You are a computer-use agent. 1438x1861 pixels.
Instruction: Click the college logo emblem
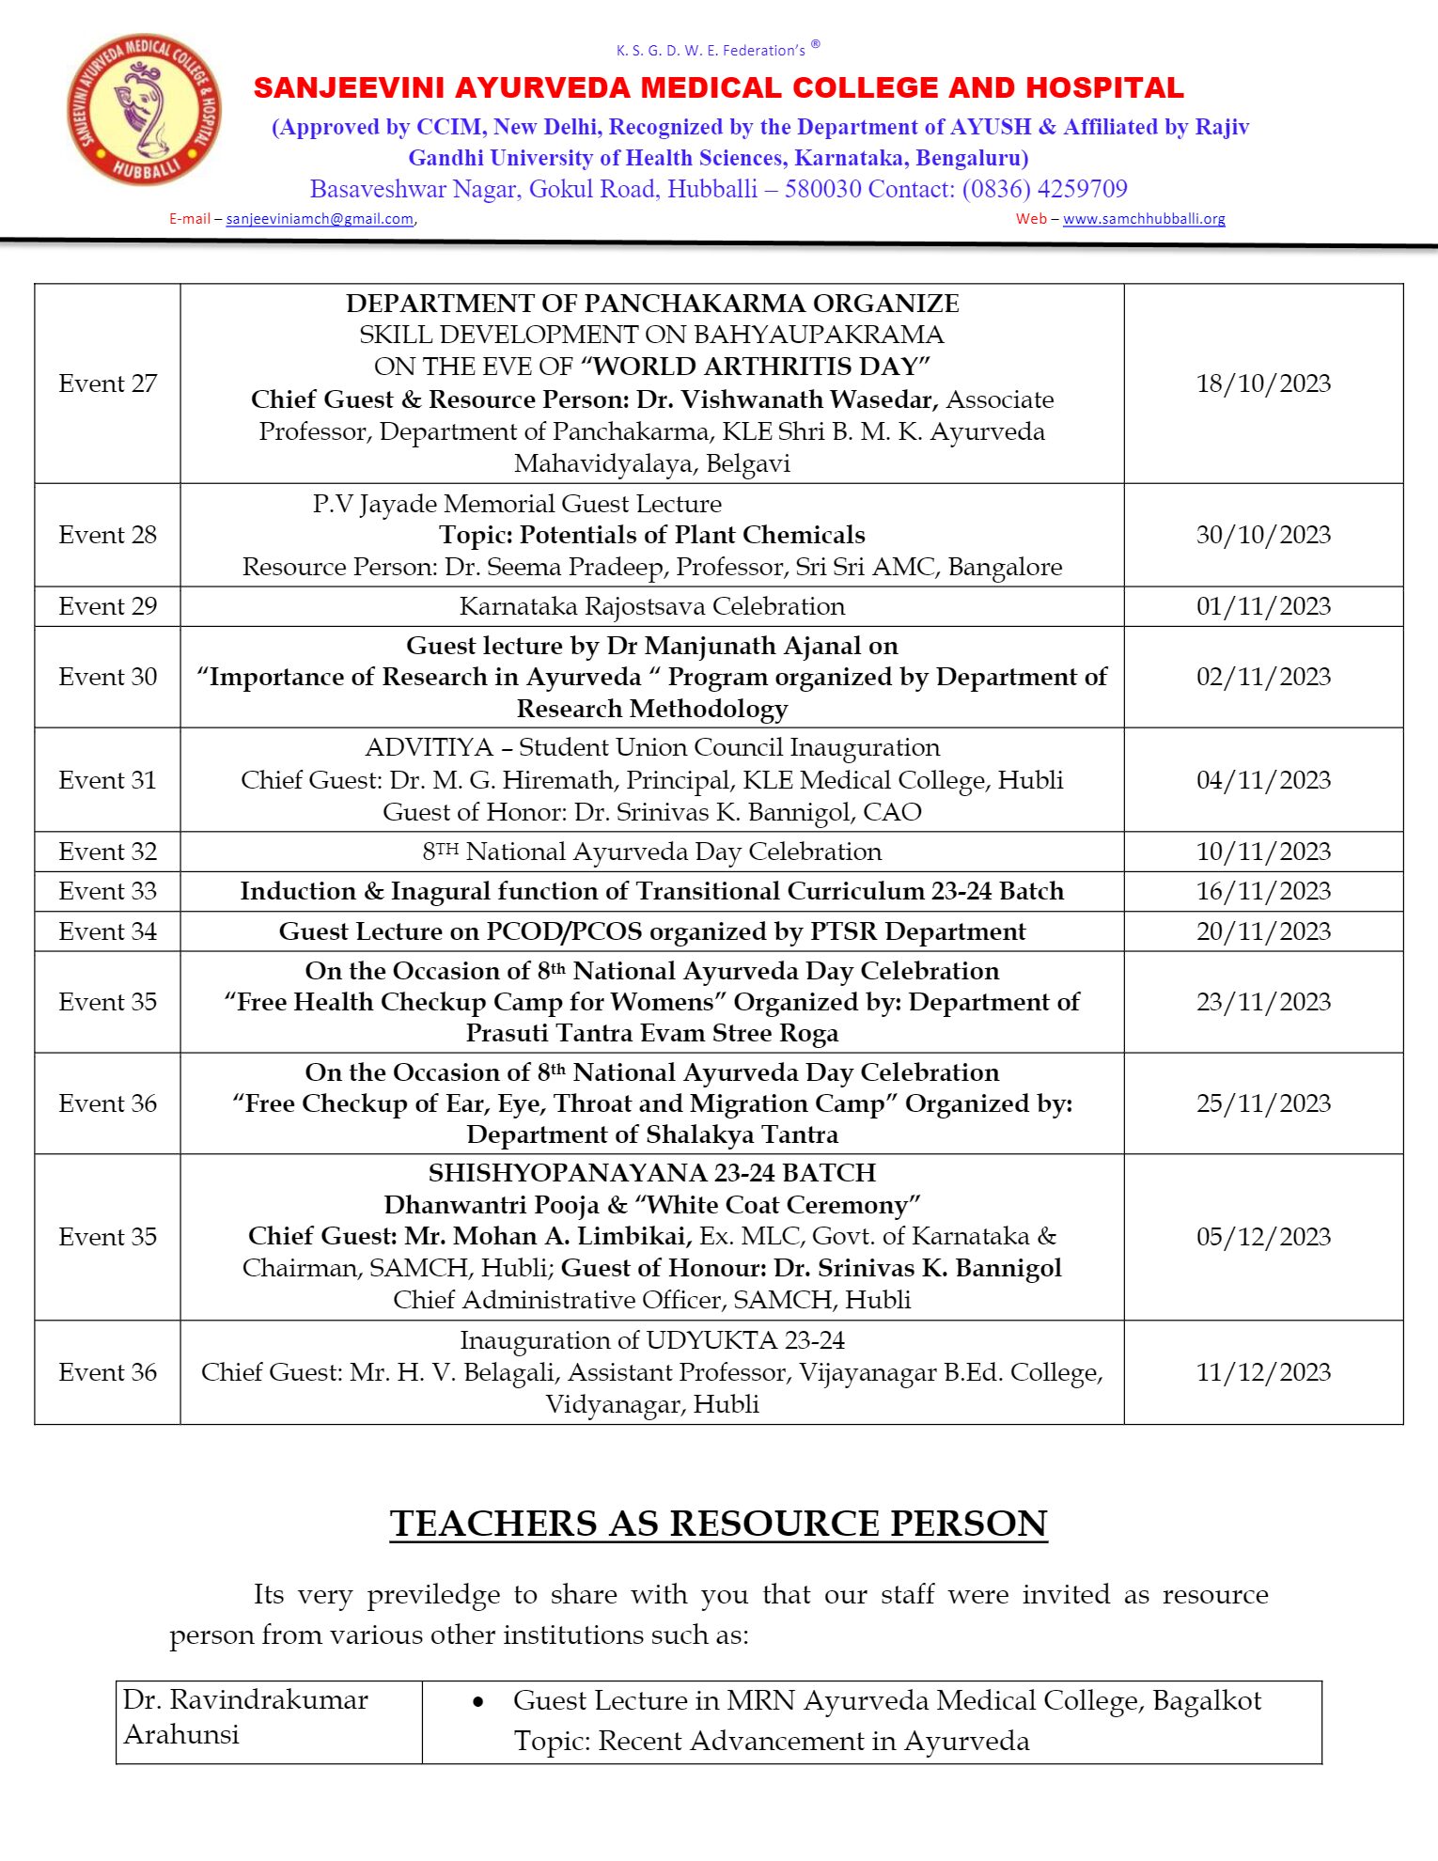(144, 109)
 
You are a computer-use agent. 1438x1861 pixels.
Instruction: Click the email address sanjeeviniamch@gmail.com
(320, 219)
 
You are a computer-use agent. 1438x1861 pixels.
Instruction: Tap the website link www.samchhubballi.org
(1144, 219)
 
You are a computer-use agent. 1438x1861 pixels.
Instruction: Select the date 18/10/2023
(1263, 383)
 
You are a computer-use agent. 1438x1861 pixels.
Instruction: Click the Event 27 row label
(107, 383)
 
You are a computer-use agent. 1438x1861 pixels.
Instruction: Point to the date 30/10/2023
(1263, 535)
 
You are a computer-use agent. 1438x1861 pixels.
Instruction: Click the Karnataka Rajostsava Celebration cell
(652, 606)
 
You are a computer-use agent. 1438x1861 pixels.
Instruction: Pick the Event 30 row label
(107, 677)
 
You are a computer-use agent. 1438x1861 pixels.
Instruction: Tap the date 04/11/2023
(1263, 780)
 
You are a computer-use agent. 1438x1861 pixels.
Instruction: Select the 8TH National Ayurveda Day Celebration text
(652, 852)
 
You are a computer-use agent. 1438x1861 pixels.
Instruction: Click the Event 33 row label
(107, 891)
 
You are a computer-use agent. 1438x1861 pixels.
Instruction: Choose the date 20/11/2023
(1263, 931)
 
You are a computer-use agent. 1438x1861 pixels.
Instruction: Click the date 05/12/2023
(1263, 1237)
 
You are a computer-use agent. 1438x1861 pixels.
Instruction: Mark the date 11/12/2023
(1263, 1372)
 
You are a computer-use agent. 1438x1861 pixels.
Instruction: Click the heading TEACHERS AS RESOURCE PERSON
(718, 1524)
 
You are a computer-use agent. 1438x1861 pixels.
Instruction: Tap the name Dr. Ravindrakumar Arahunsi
(245, 1716)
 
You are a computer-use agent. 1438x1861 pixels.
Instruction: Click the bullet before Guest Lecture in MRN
(478, 1702)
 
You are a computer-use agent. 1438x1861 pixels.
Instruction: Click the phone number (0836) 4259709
(1044, 189)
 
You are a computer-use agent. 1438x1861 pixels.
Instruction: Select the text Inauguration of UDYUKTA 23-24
(652, 1340)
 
